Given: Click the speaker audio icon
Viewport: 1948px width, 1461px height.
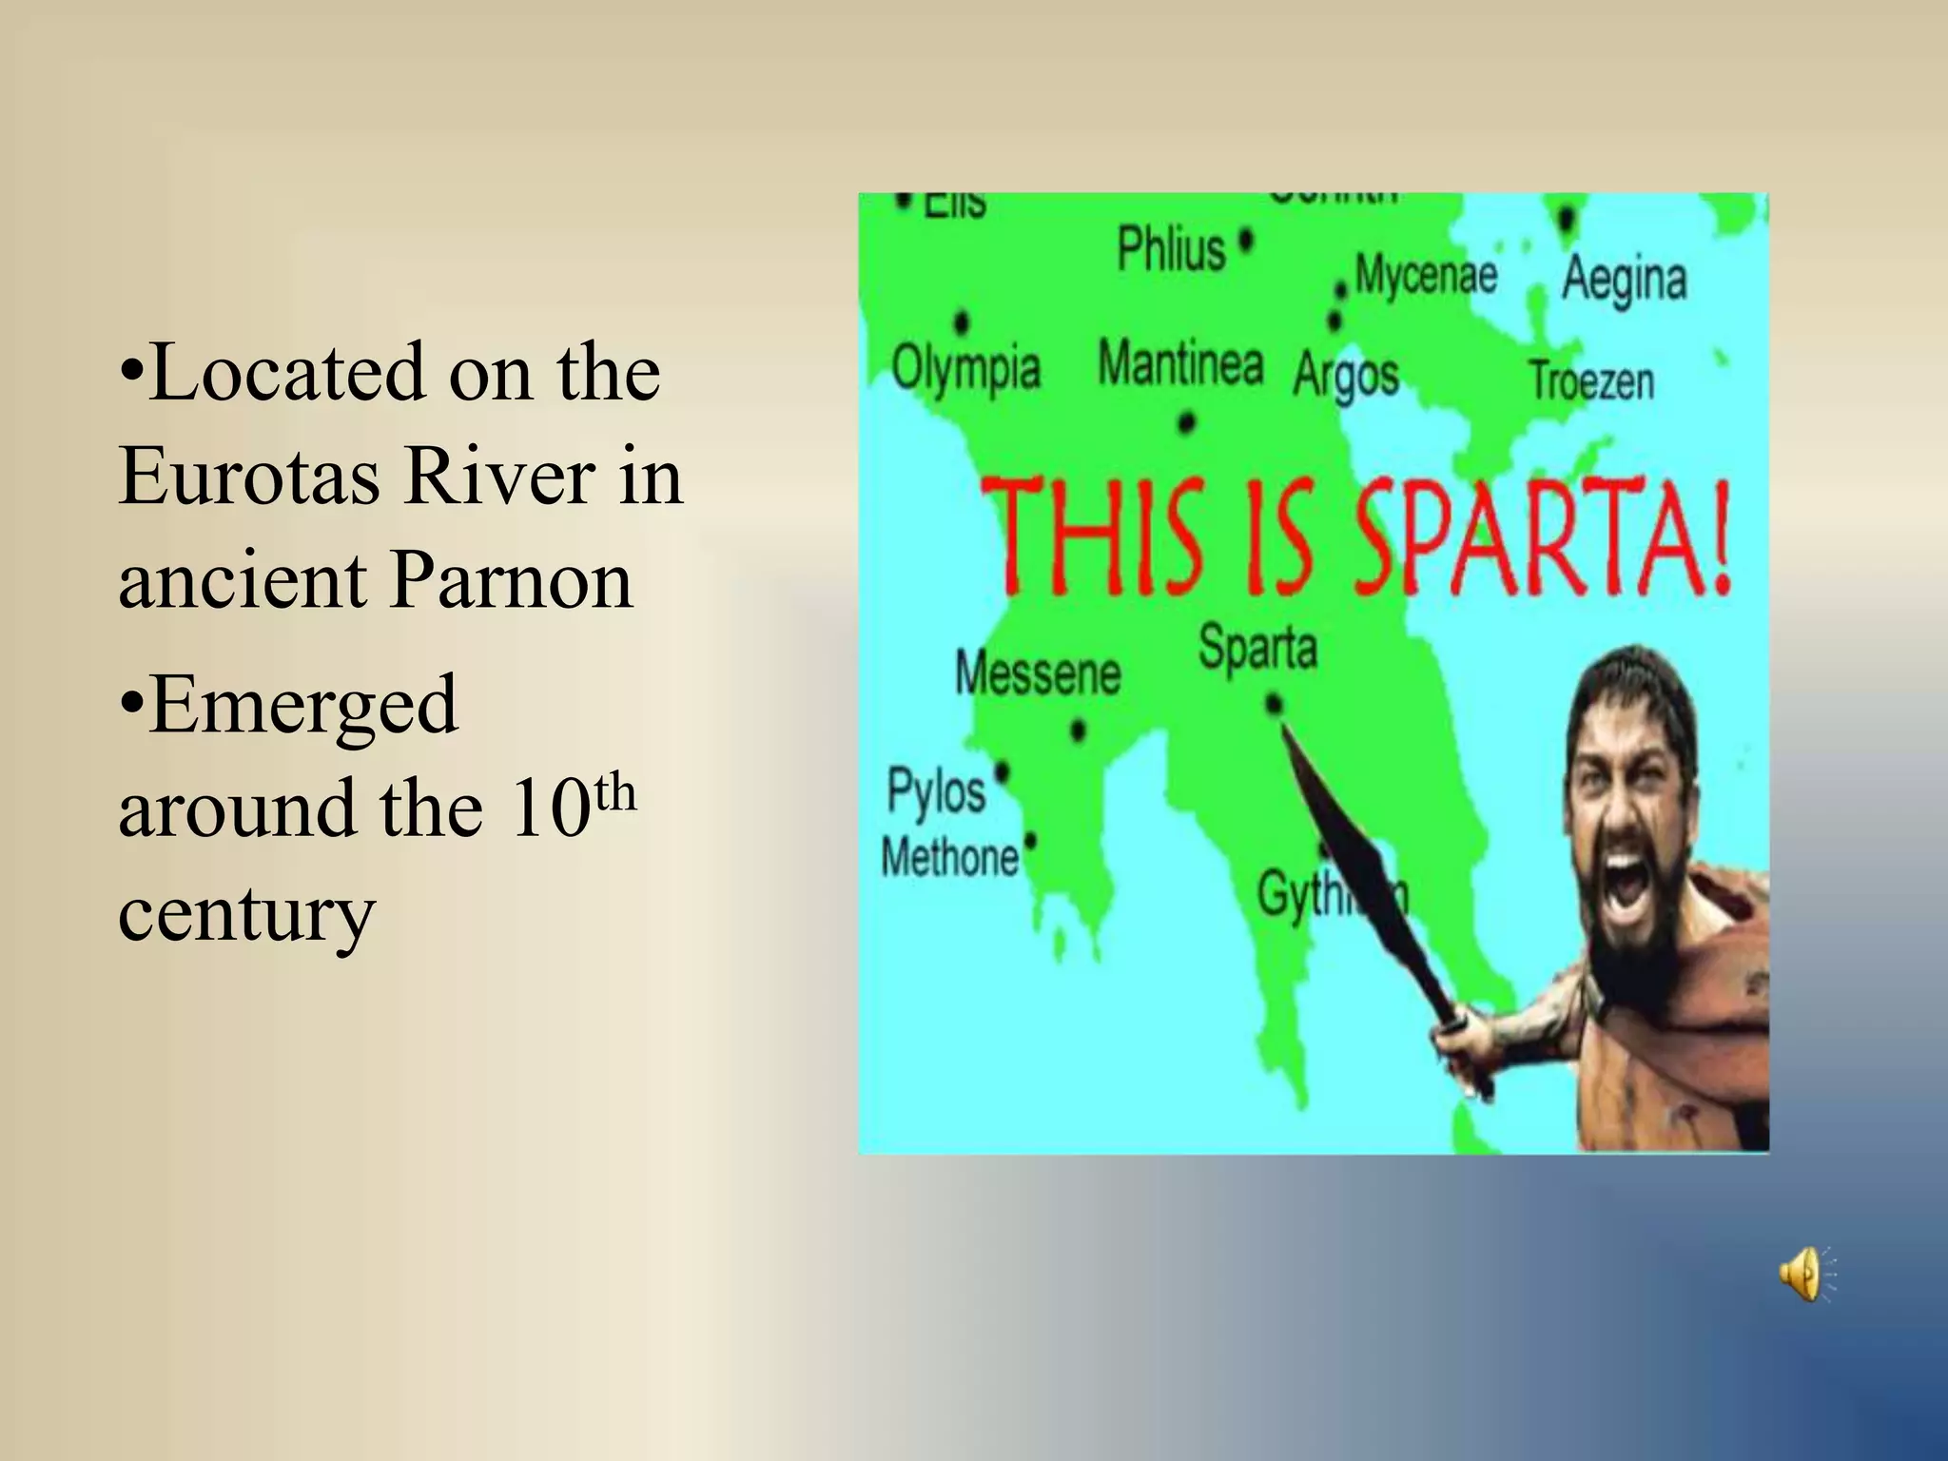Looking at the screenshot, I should (x=1803, y=1274).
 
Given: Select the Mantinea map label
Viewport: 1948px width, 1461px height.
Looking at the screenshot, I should (x=1180, y=363).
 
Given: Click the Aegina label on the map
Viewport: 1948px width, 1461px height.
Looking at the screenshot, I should (x=1624, y=279).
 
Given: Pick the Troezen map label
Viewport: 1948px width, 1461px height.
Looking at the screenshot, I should (x=1591, y=380).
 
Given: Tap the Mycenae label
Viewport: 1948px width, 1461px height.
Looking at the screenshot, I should (x=1425, y=275).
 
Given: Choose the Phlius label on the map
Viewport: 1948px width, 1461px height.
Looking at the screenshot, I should (x=1172, y=249).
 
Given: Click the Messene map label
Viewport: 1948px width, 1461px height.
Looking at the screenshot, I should (x=1038, y=673).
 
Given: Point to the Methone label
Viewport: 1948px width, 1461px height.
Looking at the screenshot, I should (x=949, y=857).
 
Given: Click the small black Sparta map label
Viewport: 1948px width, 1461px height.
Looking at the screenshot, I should (x=1257, y=649).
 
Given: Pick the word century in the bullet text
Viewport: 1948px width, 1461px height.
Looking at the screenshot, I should (x=246, y=914).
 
